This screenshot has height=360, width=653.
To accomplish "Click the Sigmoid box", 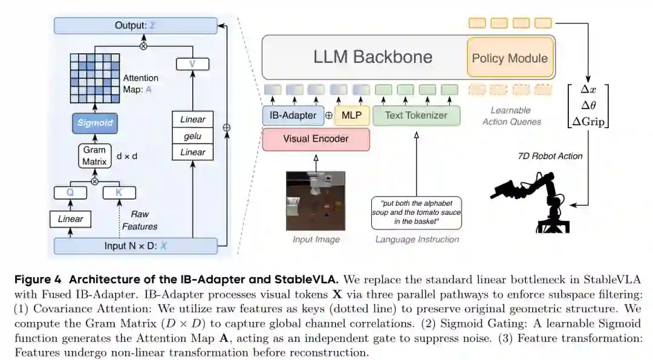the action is (94, 123).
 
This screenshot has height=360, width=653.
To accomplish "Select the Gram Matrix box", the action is (94, 156).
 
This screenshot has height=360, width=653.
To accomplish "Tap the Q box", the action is (70, 192).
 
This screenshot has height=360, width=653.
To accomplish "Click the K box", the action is (119, 192).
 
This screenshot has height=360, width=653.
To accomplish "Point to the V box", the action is (192, 64).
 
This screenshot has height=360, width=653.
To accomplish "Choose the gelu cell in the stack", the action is (192, 136).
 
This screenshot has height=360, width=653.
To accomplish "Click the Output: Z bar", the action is (136, 25).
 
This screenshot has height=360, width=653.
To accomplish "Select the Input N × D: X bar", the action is (136, 246).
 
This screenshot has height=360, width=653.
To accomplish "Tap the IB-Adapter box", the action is (293, 116).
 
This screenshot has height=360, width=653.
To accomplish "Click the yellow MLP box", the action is (351, 116).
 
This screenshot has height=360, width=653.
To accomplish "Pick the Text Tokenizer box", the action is (417, 116).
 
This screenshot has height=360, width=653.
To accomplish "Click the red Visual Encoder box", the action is (316, 139).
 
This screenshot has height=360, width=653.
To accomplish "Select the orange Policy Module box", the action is (510, 57).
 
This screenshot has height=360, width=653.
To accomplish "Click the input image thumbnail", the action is (316, 201).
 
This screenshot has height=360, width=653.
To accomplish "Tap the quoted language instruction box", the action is (417, 212).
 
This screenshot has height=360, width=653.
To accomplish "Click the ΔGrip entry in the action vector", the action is (588, 121).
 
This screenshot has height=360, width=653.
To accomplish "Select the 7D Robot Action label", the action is (550, 156).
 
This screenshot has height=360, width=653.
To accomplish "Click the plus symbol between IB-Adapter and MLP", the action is (329, 116).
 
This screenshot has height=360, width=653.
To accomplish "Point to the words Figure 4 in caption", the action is (38, 280).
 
